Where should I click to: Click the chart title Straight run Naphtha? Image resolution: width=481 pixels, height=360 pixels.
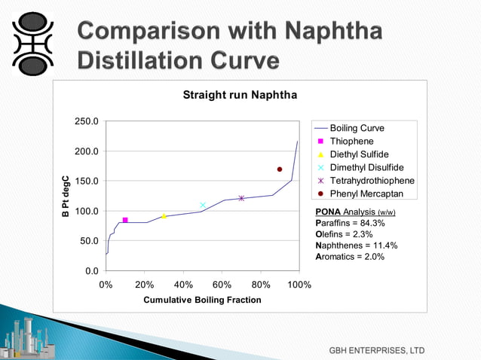(240, 96)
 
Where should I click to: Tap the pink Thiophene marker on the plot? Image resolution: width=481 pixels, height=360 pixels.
(125, 220)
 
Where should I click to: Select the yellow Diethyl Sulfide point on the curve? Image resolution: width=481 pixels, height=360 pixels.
(164, 216)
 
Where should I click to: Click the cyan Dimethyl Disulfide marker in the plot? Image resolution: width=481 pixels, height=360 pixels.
(203, 205)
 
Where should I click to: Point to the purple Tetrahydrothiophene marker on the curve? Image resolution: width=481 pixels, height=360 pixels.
(241, 198)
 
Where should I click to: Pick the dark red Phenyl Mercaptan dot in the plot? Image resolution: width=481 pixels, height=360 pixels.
(280, 169)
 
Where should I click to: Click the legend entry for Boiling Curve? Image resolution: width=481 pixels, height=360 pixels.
(357, 129)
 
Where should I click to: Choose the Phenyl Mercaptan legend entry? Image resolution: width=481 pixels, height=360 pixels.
(366, 194)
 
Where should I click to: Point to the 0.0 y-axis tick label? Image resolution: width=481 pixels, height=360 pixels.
(90, 270)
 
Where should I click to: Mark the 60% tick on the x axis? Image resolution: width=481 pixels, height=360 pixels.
(222, 285)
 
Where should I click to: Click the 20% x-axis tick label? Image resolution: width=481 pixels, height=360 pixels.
(145, 285)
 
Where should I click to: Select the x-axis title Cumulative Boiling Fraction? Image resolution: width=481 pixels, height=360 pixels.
(202, 300)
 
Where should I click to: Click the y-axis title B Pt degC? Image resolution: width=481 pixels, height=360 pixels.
(66, 197)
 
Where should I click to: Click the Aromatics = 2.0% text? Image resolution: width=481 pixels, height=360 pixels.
(350, 257)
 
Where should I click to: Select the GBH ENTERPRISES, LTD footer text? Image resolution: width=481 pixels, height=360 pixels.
(376, 351)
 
